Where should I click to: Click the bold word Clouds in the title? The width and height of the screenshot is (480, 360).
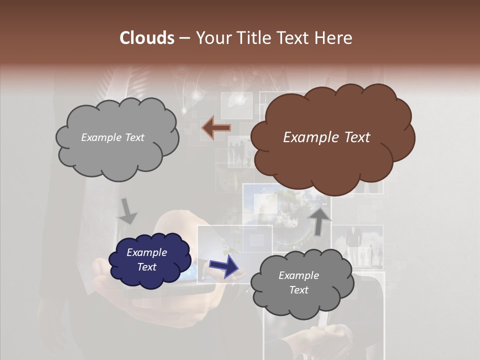146,38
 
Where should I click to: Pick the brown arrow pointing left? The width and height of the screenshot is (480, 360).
216,128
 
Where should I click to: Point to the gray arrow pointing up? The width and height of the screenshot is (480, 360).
320,220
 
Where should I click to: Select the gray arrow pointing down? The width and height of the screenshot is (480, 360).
127,210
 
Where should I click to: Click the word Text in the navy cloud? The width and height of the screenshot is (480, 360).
147,267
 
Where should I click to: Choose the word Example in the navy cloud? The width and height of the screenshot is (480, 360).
146,252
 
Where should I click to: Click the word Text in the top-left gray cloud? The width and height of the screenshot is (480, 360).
134,137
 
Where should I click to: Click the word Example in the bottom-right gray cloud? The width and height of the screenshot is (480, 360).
298,275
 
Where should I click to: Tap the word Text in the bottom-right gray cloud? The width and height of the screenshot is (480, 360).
298,290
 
